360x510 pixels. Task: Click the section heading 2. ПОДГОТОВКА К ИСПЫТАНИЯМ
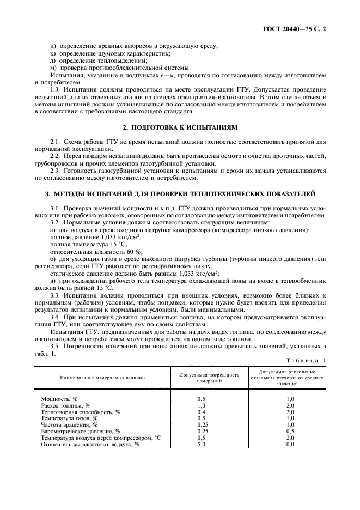[x=180, y=127]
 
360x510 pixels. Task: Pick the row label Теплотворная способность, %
[x=80, y=412]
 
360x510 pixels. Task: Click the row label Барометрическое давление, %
[x=81, y=431]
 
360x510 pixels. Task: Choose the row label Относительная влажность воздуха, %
[x=90, y=444]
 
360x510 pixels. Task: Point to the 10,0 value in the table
[x=289, y=444]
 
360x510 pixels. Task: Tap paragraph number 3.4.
[x=56, y=316]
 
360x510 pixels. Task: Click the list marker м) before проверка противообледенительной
[x=53, y=68]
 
